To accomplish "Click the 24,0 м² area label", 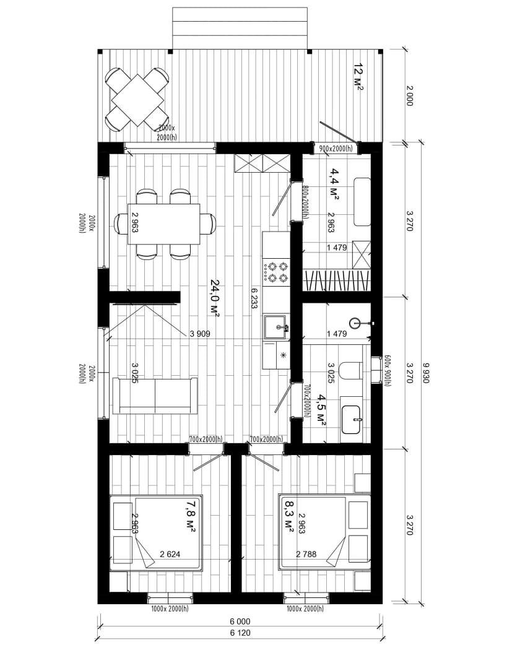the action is point(215,298).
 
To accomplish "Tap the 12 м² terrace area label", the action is point(358,77).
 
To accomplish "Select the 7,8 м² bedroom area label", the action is point(190,516).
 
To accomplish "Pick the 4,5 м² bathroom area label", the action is point(321,410).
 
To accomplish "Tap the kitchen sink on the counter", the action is point(275,327).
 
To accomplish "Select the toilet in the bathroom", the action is point(351,370).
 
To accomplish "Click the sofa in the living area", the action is point(154,396).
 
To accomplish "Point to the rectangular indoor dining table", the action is point(164,224).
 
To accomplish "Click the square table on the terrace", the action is point(137,100).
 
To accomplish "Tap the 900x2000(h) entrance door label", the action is point(336,148).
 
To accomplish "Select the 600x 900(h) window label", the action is point(388,371).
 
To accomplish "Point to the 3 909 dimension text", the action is point(200,333).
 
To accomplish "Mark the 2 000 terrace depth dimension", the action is point(409,96).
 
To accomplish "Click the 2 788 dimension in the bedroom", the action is point(306,554).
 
